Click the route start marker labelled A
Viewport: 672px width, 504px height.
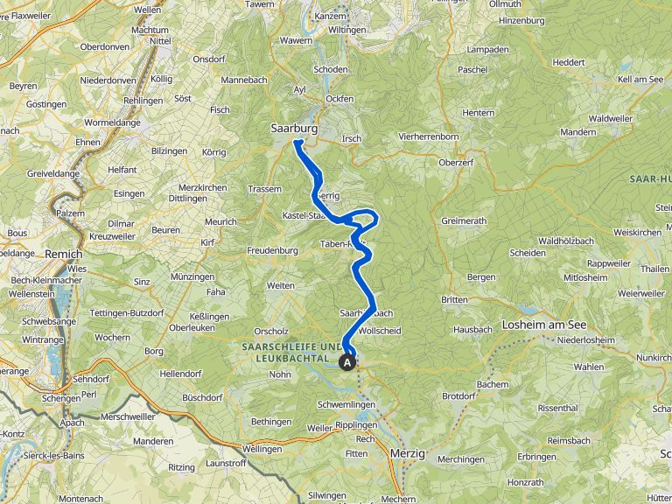pos(347,361)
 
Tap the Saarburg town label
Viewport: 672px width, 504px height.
pos(293,128)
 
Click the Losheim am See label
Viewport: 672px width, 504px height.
pos(544,325)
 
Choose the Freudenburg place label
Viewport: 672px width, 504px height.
pos(271,251)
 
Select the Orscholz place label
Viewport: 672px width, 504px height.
pos(271,331)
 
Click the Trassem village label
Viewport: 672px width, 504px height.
pos(265,189)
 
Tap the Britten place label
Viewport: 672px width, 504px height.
pos(454,299)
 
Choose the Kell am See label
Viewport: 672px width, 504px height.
pos(640,80)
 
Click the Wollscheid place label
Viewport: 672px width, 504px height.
pos(380,332)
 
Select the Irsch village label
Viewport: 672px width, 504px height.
pos(352,139)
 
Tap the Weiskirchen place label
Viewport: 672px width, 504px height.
pos(637,233)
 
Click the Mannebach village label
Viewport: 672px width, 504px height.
pos(243,80)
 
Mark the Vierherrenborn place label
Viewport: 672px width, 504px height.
pos(429,137)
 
